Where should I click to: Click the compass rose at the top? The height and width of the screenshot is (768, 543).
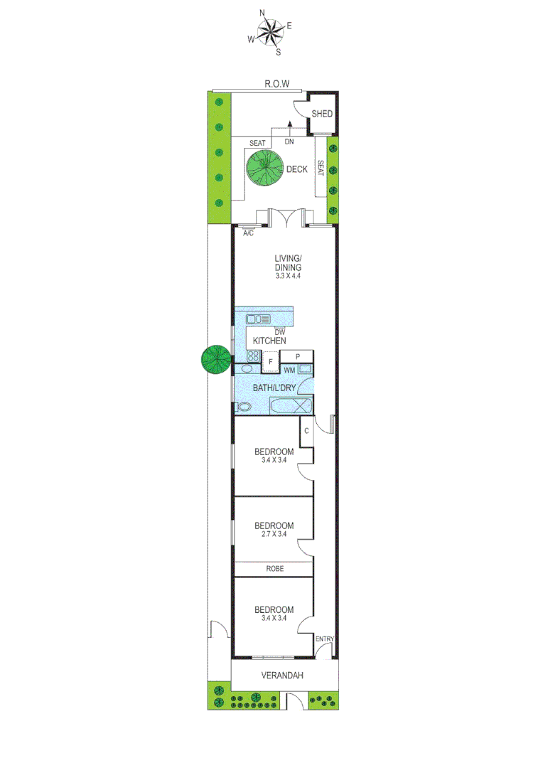[269, 31]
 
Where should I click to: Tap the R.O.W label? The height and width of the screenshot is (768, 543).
[277, 84]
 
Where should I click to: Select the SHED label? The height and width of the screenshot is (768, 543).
[322, 114]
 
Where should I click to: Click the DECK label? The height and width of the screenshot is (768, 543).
[296, 169]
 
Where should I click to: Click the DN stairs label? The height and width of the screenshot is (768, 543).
[289, 142]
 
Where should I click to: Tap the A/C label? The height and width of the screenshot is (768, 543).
[249, 233]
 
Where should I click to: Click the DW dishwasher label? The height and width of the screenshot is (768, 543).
[280, 331]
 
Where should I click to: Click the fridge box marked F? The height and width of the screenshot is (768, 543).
[270, 361]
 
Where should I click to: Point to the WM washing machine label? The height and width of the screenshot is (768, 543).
[289, 370]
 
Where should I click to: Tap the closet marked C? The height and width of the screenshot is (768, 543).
[306, 431]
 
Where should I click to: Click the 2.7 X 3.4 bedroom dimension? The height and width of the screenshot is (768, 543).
[274, 535]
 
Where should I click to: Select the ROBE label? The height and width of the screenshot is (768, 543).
[274, 569]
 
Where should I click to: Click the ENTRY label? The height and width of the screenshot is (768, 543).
[324, 638]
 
